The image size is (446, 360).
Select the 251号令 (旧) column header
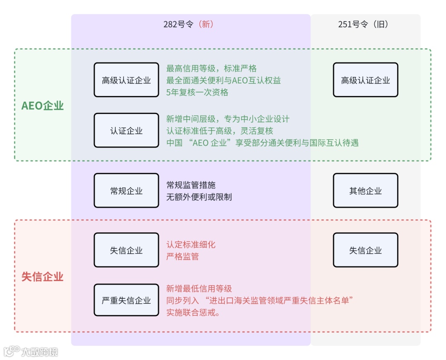(363, 24)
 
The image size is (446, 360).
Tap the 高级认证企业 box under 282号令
(126, 80)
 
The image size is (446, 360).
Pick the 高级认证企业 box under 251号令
(365, 80)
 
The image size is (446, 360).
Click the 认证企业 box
(126, 131)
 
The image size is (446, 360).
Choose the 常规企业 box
(126, 191)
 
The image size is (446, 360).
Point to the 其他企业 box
(365, 191)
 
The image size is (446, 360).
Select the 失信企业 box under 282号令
(126, 250)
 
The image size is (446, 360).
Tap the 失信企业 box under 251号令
(365, 250)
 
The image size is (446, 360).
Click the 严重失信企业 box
(126, 300)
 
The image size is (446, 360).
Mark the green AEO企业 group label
(43, 106)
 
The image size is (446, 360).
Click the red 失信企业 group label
(43, 277)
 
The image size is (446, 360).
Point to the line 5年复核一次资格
(197, 92)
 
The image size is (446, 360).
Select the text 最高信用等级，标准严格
(211, 69)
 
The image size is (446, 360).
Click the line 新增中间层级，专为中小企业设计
(228, 119)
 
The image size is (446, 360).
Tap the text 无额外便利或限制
(199, 197)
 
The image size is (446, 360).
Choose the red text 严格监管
(183, 256)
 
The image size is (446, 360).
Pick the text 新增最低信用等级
(199, 288)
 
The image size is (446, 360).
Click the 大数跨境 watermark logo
(31, 352)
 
